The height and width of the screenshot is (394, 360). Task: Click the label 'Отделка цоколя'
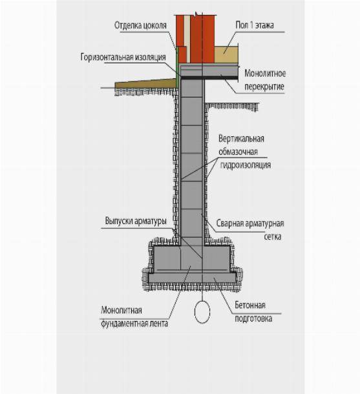[140, 25]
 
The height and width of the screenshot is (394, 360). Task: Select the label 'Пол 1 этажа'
[255, 25]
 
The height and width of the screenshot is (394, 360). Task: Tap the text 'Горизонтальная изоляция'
[123, 57]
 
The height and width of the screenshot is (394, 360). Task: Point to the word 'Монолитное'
[265, 74]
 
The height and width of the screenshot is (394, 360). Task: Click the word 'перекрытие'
[264, 87]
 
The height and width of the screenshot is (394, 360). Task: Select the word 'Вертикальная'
[241, 139]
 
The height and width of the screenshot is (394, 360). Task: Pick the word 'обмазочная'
[238, 152]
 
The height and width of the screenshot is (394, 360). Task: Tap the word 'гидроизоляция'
[246, 165]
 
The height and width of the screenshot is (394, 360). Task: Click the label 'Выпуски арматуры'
[136, 221]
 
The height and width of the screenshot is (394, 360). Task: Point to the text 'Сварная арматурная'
[250, 223]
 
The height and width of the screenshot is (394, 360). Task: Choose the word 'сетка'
[273, 236]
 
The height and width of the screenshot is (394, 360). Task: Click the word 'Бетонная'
[250, 305]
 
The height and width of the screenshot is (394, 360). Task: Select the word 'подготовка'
[253, 318]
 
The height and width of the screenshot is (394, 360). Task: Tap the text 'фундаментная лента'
[134, 324]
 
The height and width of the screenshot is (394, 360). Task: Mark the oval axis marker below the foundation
[202, 311]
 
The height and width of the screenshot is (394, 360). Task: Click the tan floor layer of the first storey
[226, 54]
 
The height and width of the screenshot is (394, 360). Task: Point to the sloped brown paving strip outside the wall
[145, 84]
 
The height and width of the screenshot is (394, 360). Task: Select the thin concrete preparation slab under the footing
[192, 278]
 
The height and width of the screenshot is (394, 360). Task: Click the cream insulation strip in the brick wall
[187, 39]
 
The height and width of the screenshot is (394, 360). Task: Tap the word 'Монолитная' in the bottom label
[122, 310]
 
